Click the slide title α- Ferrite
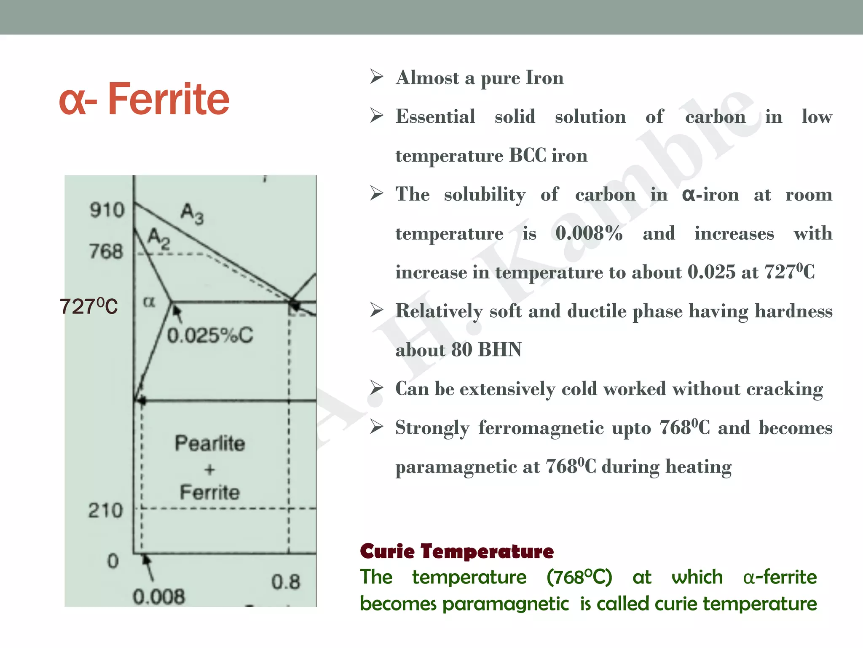(144, 100)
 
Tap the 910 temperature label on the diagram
(107, 210)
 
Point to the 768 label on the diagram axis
(106, 251)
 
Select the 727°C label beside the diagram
(88, 306)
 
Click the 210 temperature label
(105, 510)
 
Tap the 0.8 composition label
(286, 582)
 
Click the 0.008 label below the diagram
(159, 597)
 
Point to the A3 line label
(192, 213)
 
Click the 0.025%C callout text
(210, 336)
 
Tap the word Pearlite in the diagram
(210, 443)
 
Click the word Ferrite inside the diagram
(210, 492)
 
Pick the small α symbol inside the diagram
(149, 302)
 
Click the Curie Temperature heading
(457, 551)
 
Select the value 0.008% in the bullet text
(589, 233)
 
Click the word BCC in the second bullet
(528, 156)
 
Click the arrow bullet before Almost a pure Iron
(376, 77)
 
